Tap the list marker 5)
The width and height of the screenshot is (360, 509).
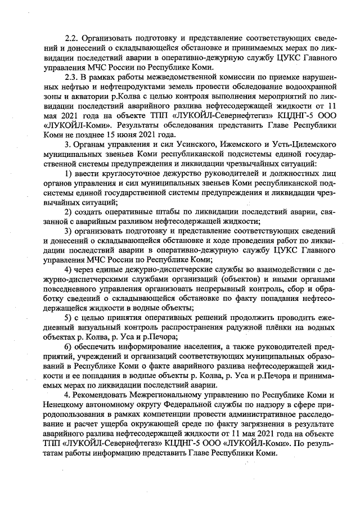(x=69, y=317)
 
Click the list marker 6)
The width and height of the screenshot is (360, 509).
(x=69, y=349)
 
